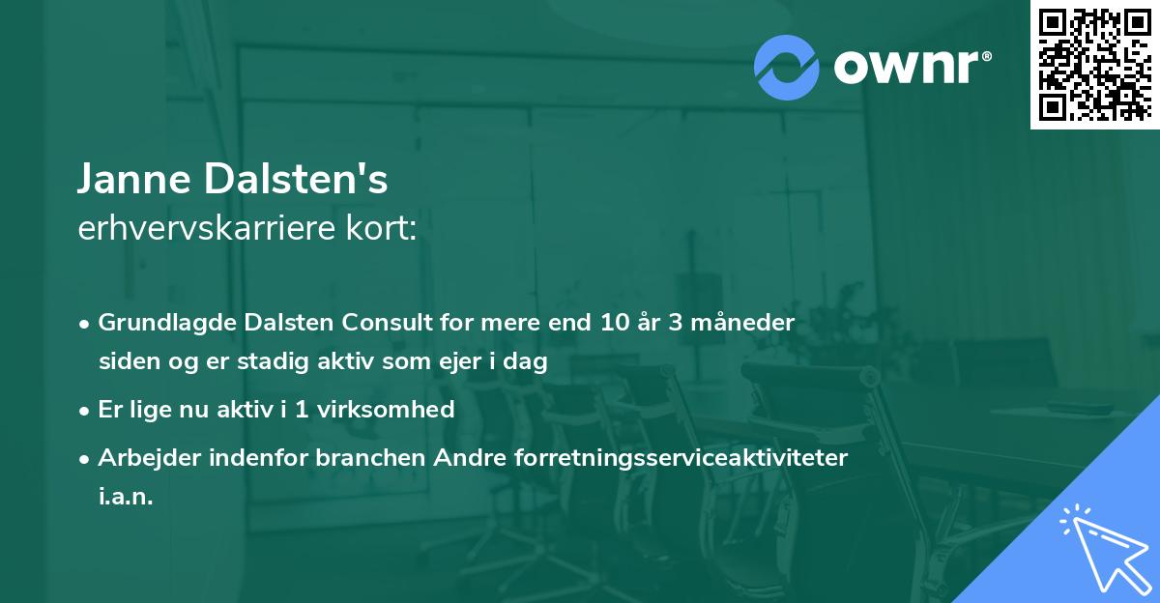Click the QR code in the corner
point(1094,65)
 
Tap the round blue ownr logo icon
point(787,67)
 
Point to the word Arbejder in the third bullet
point(142,457)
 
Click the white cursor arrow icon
point(1102,546)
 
